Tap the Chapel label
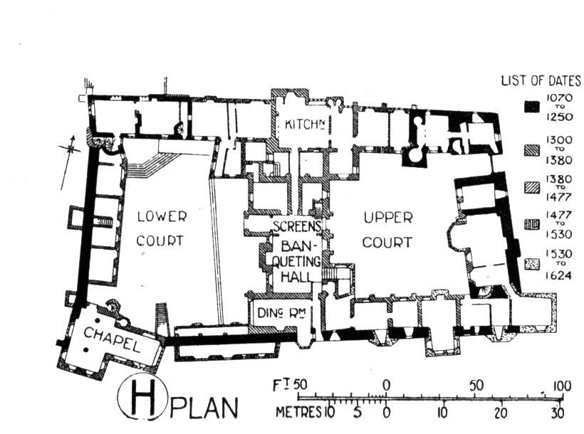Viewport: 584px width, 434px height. click(x=112, y=339)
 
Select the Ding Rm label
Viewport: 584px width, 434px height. click(x=281, y=313)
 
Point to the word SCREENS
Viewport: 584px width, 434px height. click(x=297, y=226)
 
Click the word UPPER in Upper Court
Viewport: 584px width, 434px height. click(x=388, y=218)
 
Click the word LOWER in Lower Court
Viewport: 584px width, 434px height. click(x=162, y=216)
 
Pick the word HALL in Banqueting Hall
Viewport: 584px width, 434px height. click(x=296, y=276)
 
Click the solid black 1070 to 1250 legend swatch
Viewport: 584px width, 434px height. click(x=531, y=107)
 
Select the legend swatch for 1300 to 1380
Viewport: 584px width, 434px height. click(x=531, y=150)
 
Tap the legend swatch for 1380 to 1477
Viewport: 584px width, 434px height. click(x=531, y=188)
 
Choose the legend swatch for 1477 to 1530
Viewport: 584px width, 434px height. click(x=531, y=224)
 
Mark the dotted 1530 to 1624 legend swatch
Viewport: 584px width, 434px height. click(x=531, y=264)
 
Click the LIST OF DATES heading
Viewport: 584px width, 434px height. click(x=541, y=81)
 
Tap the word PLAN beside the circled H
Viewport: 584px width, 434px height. click(x=204, y=408)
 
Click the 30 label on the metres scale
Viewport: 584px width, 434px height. click(x=557, y=413)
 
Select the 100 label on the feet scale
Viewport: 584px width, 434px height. click(x=562, y=386)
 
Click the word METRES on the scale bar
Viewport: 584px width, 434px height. click(x=298, y=413)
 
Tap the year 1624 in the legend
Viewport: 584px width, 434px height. click(x=558, y=276)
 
